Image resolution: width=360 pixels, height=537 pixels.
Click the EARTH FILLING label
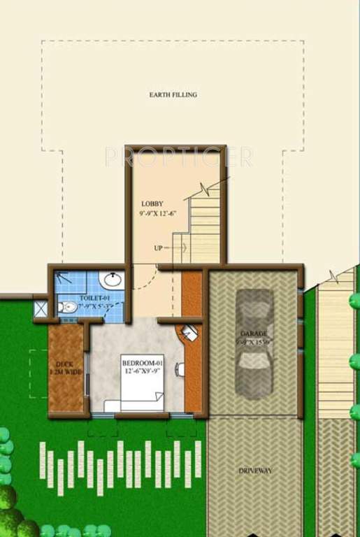coord(173,94)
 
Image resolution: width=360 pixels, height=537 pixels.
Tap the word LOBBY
coord(152,204)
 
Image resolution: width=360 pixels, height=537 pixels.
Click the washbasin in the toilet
coord(110,281)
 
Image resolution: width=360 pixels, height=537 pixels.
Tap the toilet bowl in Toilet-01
coord(66,307)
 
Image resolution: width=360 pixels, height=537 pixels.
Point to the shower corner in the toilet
coord(64,278)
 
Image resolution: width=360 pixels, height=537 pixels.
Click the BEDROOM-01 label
coord(142,364)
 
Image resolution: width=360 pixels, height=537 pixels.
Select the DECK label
coord(64,364)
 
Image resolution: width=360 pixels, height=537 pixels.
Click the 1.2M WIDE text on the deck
coord(65,373)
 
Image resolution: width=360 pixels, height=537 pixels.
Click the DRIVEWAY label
coord(254,471)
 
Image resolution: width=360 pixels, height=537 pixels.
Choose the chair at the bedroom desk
coord(180,368)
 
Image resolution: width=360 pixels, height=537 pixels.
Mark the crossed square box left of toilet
coord(41,309)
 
